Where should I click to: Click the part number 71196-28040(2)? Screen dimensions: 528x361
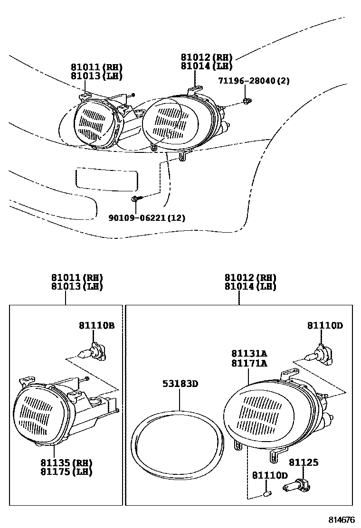(x=254, y=81)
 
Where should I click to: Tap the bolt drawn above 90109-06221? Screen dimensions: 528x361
(x=136, y=198)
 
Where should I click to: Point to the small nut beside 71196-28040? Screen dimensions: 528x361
(x=246, y=101)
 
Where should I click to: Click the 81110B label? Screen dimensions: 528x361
(x=96, y=325)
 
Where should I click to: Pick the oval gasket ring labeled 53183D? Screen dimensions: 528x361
(x=176, y=442)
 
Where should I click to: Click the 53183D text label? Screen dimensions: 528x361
(x=181, y=384)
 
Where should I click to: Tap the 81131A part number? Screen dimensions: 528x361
(x=249, y=354)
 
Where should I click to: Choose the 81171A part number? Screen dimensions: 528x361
(x=249, y=363)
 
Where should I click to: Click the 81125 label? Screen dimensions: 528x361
(x=304, y=462)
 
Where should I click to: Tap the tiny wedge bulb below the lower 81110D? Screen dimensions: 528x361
(x=267, y=496)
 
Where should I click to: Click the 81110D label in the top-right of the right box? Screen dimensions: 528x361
(x=325, y=325)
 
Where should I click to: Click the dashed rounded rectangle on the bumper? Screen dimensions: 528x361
(x=107, y=179)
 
